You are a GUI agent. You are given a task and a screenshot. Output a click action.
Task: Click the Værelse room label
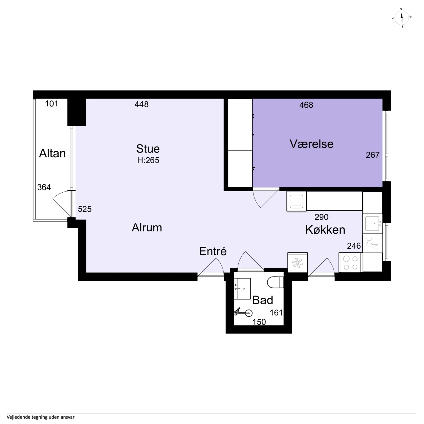[312, 144]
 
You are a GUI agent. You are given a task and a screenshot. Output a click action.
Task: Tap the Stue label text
[148, 149]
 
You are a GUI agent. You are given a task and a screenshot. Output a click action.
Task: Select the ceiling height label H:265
[148, 160]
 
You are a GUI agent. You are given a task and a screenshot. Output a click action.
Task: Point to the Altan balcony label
[52, 153]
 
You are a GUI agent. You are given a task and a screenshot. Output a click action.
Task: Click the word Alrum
[147, 227]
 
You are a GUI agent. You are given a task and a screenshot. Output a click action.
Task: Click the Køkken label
[325, 230]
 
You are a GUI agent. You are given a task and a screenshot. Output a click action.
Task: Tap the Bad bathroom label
[262, 300]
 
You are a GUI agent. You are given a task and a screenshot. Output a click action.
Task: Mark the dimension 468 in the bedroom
[306, 105]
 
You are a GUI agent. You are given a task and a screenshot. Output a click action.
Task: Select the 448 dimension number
[141, 104]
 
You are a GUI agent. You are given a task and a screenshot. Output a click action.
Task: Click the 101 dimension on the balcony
[52, 104]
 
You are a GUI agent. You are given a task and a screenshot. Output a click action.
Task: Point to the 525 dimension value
[85, 209]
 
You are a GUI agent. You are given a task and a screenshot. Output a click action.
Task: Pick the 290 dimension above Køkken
[321, 217]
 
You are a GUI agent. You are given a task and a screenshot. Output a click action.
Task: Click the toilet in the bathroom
[275, 282]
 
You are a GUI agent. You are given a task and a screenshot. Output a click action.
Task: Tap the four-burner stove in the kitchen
[351, 263]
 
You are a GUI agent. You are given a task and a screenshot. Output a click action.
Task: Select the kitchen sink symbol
[372, 223]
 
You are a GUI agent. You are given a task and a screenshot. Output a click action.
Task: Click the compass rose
[402, 18]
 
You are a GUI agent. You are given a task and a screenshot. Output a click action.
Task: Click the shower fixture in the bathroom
[243, 312]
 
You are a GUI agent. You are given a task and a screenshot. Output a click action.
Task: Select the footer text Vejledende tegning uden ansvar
[41, 417]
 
